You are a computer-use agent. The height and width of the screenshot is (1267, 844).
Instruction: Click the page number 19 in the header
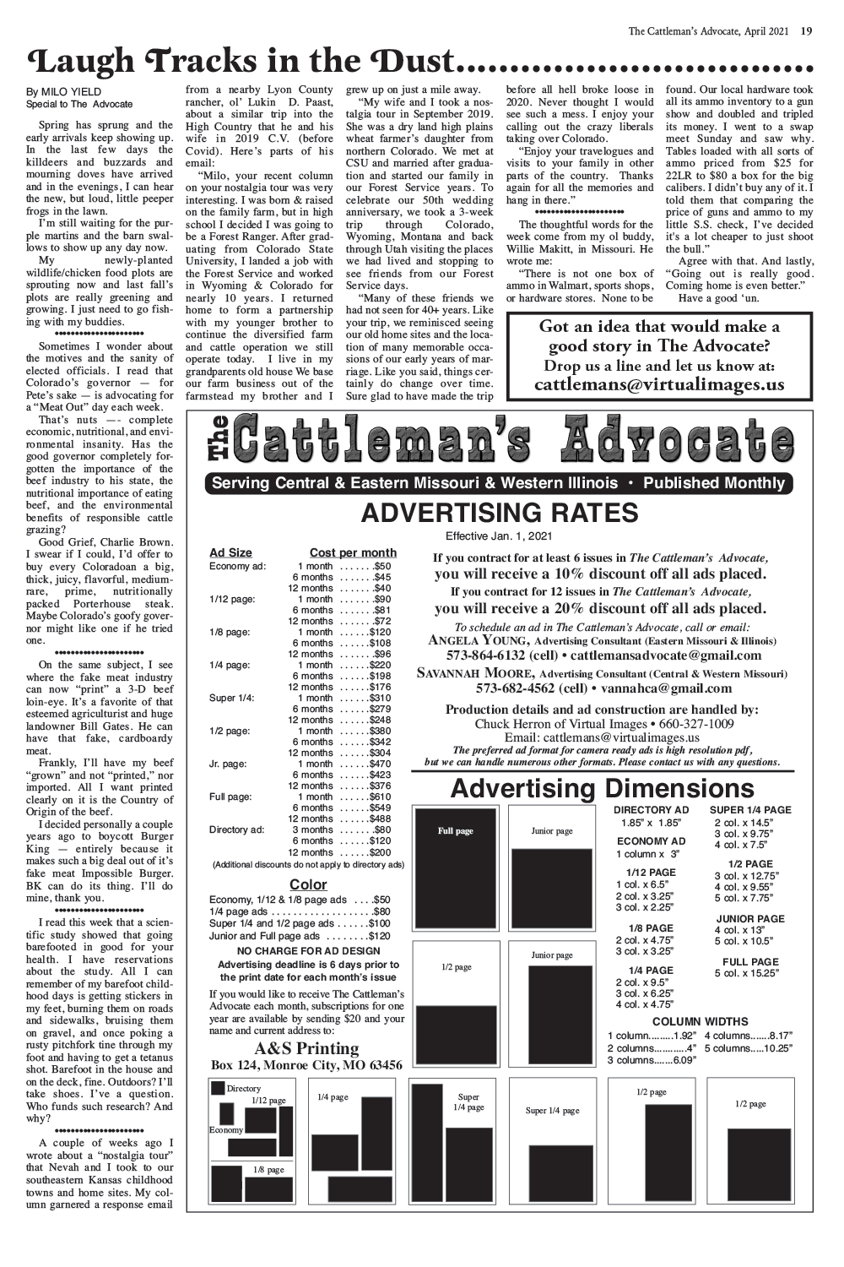(807, 32)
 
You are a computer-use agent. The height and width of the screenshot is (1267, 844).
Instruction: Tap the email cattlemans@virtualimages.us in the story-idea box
(659, 385)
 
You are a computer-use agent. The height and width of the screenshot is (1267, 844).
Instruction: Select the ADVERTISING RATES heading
(500, 513)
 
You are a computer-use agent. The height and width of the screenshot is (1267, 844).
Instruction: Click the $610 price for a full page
(379, 797)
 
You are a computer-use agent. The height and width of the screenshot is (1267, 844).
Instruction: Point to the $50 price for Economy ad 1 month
(381, 566)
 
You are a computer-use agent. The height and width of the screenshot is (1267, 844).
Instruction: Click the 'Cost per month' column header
(353, 552)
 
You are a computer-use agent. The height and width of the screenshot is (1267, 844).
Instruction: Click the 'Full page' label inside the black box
(455, 831)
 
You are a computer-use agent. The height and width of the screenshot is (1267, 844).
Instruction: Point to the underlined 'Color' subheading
(308, 884)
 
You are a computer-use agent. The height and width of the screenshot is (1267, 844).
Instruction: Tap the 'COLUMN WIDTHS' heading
(700, 1021)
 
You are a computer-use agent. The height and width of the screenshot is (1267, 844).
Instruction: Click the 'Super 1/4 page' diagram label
(552, 1110)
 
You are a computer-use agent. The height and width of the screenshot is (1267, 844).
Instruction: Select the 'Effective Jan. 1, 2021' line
(499, 536)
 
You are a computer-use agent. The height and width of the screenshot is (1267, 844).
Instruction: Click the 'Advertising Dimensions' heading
(602, 789)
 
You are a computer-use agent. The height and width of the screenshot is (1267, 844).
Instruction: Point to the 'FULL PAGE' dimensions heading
(750, 961)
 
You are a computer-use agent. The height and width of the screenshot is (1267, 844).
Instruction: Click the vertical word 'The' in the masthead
(216, 440)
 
